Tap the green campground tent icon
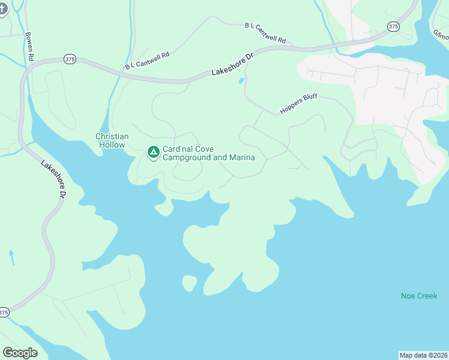(x=154, y=153)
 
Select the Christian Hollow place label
(x=111, y=140)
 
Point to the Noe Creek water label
(x=419, y=296)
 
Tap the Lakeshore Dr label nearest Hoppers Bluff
(x=234, y=64)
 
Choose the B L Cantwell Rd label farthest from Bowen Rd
(x=265, y=33)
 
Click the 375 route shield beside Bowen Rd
(x=70, y=59)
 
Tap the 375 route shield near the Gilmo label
(x=393, y=26)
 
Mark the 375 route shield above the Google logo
(x=4, y=313)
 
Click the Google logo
(x=20, y=353)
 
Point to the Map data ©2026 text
(x=423, y=355)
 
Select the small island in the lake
(x=189, y=283)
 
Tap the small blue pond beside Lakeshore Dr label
(x=241, y=80)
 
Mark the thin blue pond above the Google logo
(x=11, y=258)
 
